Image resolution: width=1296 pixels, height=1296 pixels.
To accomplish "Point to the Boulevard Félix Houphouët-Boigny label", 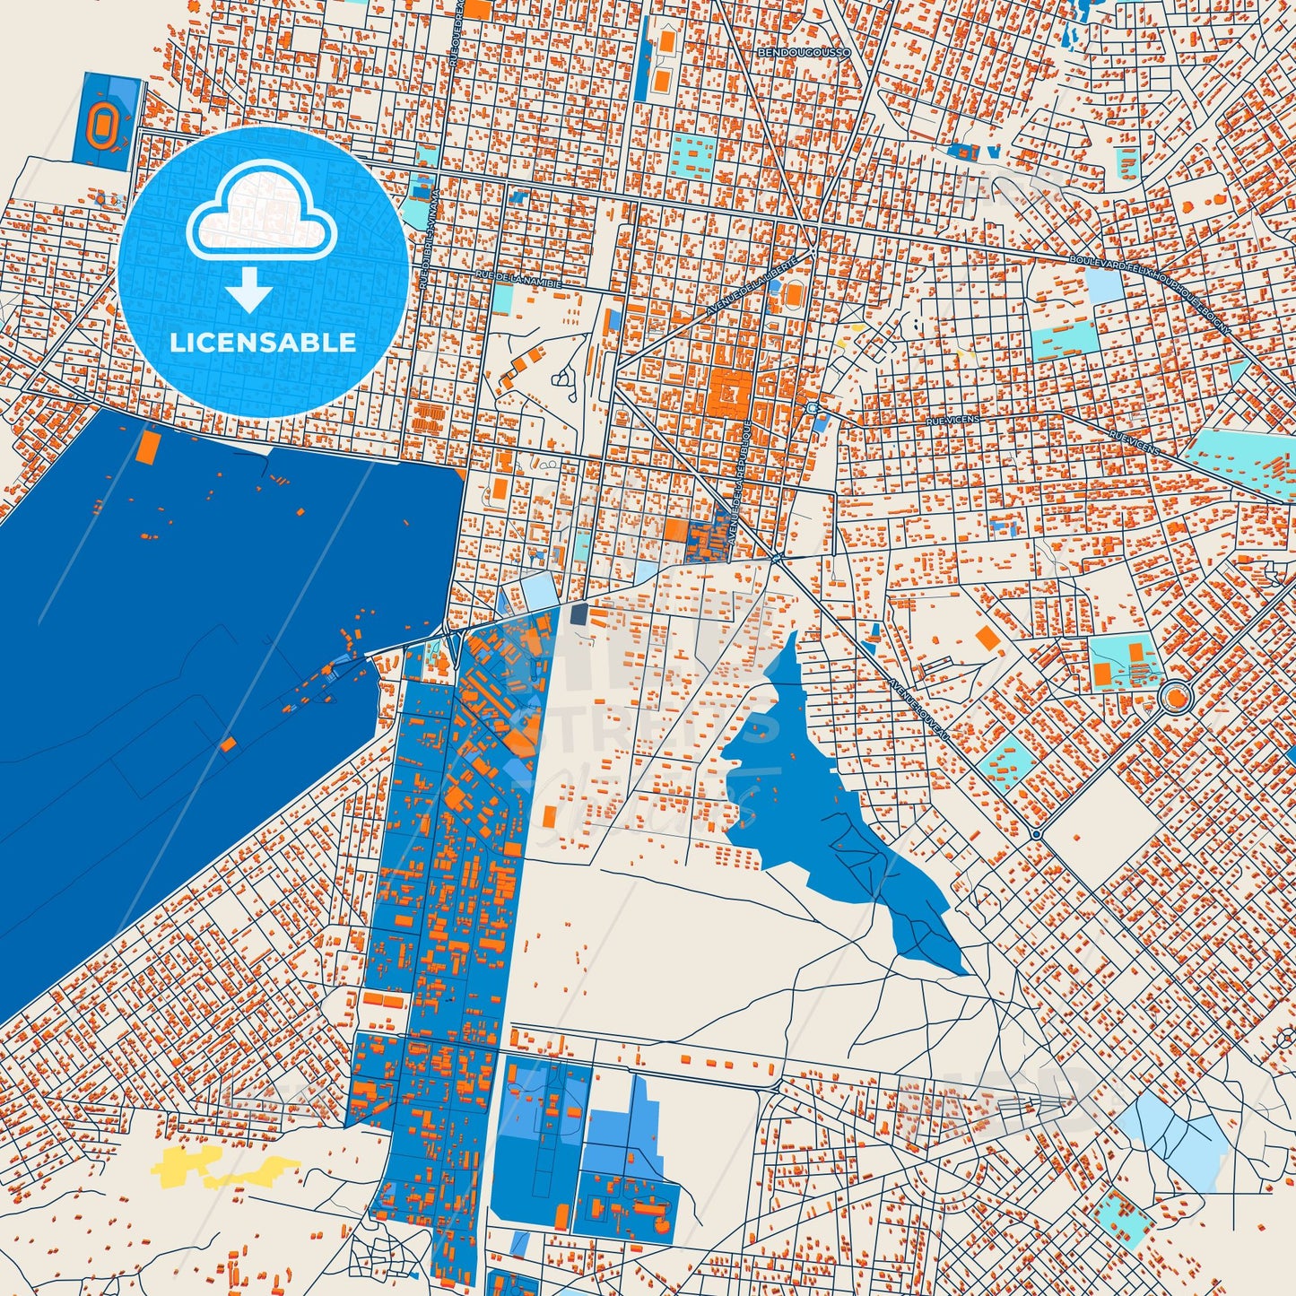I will [x=1150, y=291].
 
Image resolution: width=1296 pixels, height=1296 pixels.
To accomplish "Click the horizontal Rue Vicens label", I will [x=954, y=419].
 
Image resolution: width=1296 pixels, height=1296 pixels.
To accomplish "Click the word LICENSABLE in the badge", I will [x=263, y=342].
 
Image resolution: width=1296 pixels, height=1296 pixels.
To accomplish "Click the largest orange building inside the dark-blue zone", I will [x=147, y=446].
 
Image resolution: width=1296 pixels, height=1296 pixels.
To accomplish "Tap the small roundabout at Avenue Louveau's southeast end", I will [x=1036, y=834].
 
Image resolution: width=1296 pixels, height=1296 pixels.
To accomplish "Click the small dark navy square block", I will [x=578, y=614].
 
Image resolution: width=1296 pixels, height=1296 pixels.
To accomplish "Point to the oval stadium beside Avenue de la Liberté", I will [x=793, y=293].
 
